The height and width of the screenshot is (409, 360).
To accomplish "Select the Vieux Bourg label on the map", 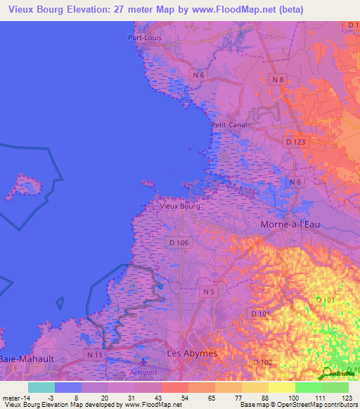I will (x=181, y=207).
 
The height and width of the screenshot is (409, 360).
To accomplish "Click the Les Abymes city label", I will (x=191, y=352).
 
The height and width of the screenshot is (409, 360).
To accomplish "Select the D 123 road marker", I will (x=297, y=142).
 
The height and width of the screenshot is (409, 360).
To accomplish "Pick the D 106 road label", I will (x=179, y=242).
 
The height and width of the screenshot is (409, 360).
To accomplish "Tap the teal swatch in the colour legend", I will (x=41, y=387).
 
